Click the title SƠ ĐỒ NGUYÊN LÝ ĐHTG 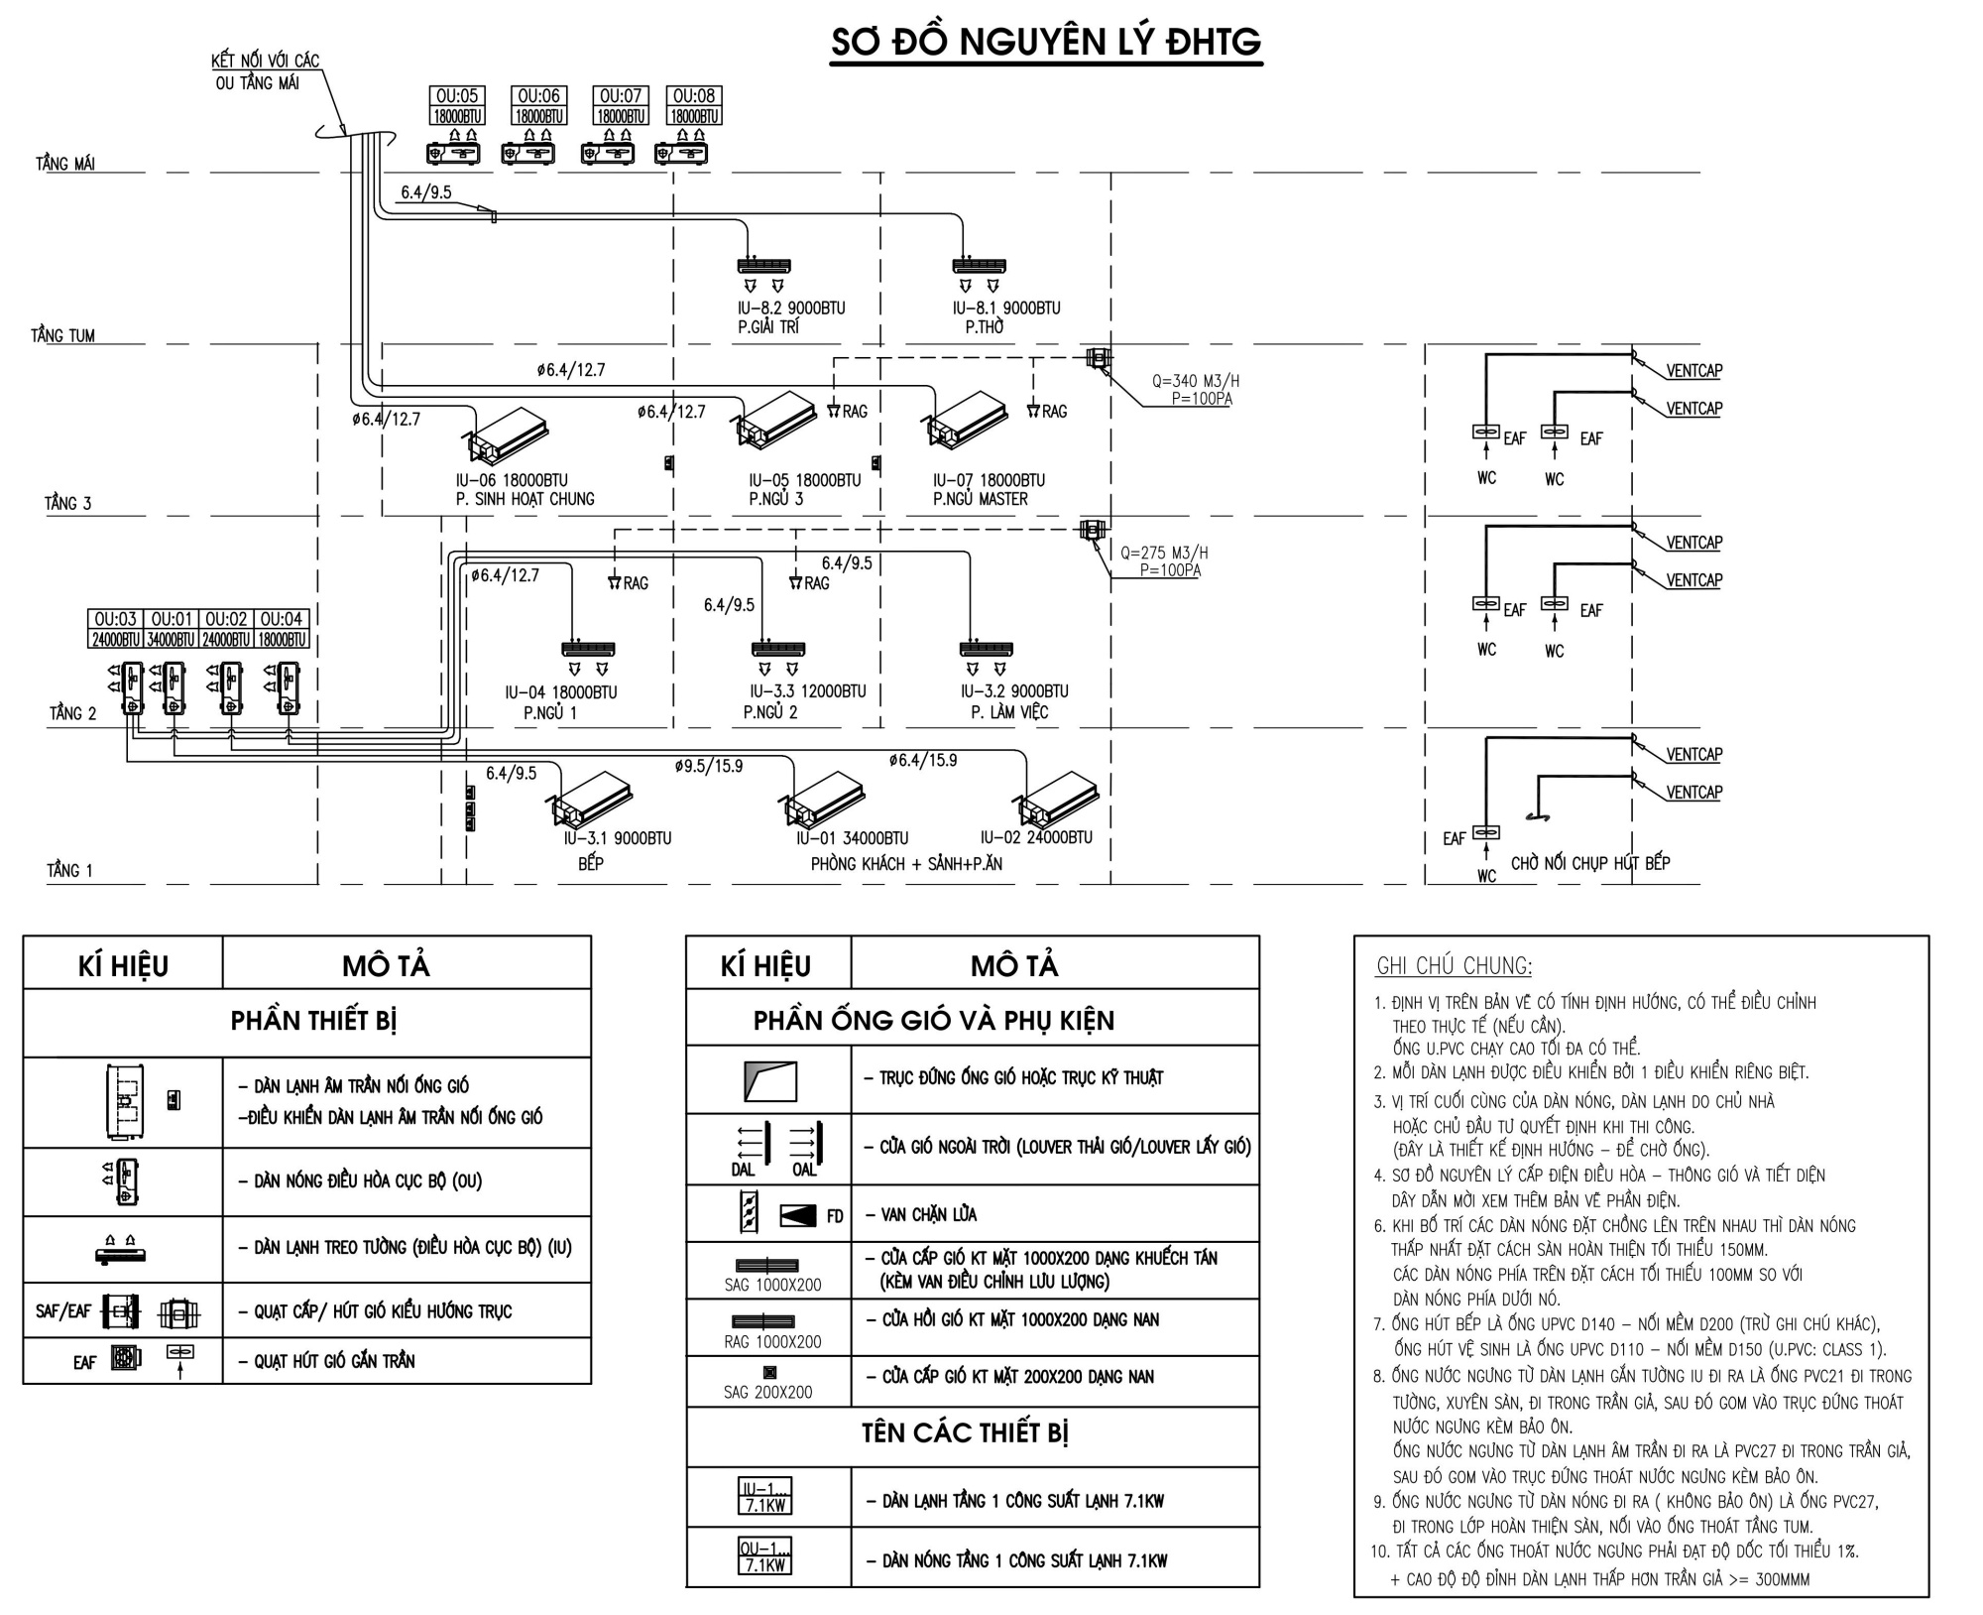pyautogui.click(x=1046, y=43)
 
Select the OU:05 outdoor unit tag pyautogui.click(x=457, y=96)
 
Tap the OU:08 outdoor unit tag pyautogui.click(x=694, y=96)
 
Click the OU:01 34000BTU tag pyautogui.click(x=172, y=629)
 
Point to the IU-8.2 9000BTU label pyautogui.click(x=791, y=309)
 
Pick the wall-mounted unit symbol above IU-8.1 pyautogui.click(x=979, y=266)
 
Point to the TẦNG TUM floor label pyautogui.click(x=63, y=336)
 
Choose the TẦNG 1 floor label pyautogui.click(x=69, y=871)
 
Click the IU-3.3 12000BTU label pyautogui.click(x=807, y=691)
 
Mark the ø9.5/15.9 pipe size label pyautogui.click(x=708, y=766)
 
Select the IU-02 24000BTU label pyautogui.click(x=1036, y=838)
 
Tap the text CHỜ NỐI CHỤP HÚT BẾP pyautogui.click(x=1589, y=863)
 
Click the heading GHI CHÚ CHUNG pyautogui.click(x=1454, y=966)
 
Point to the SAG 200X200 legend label pyautogui.click(x=767, y=1393)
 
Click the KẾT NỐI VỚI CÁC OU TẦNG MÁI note pyautogui.click(x=265, y=71)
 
